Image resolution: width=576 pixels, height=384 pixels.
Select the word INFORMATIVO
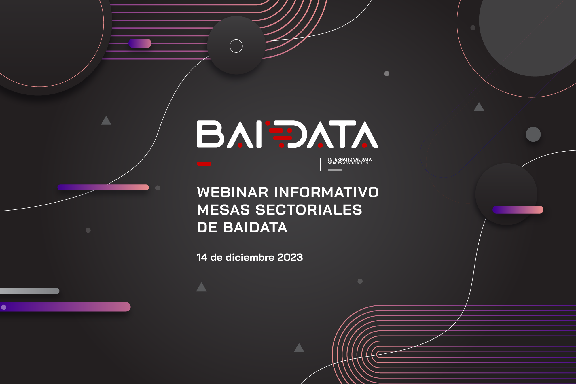coord(326,192)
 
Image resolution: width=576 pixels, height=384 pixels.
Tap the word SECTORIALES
coord(309,210)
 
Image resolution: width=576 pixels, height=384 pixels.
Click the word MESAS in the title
coord(223,210)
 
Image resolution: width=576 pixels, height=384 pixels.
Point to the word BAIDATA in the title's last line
coord(255,228)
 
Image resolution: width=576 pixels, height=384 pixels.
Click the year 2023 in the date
coord(290,257)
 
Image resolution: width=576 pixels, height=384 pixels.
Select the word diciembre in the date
coord(250,257)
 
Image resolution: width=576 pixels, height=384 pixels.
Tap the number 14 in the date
coord(202,257)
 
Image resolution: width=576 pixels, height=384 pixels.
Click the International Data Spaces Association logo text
coord(349,161)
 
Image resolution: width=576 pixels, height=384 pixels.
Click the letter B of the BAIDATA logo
coord(211,134)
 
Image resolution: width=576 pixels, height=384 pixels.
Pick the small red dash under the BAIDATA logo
coord(204,164)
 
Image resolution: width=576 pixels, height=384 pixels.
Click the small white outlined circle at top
coord(236,46)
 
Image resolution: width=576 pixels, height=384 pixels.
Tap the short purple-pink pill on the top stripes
coord(140,43)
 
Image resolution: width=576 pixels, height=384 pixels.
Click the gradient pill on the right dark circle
coord(518,210)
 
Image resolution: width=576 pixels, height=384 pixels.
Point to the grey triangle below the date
coord(201,287)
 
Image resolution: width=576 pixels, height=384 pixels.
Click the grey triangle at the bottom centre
coord(299,348)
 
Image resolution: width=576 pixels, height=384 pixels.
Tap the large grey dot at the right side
coord(533,134)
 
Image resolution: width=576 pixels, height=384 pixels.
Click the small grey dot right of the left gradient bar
coord(158,188)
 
